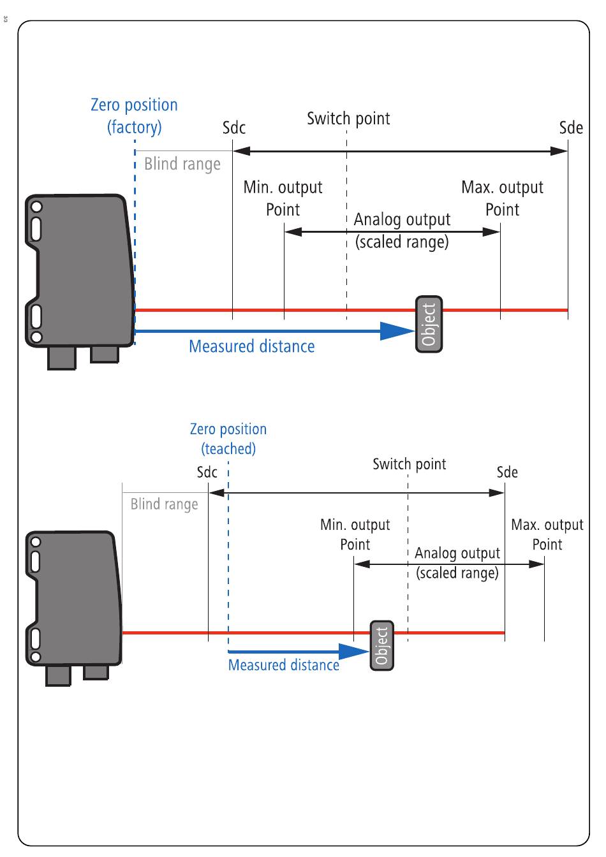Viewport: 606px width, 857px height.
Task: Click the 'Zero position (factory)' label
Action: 135,116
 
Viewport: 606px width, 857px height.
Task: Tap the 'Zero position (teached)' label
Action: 228,439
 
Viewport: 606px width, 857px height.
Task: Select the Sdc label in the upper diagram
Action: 234,128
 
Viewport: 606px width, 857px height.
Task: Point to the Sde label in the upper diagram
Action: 571,128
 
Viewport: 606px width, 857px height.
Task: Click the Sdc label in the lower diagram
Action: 207,472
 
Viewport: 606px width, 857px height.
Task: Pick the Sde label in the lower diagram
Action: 507,472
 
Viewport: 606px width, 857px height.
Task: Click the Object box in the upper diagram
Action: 429,324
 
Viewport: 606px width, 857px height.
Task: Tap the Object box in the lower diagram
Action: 382,645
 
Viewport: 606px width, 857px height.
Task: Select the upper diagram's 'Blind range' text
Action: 182,164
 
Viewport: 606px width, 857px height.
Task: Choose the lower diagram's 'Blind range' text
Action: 164,504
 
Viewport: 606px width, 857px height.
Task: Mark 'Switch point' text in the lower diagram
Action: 410,464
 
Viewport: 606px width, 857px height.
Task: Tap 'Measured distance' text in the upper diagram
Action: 252,346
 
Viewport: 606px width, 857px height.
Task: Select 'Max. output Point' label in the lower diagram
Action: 547,534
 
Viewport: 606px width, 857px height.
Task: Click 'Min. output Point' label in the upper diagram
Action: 283,198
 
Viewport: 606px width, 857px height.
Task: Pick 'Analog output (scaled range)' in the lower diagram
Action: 457,563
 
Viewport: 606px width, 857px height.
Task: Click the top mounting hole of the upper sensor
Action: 37,207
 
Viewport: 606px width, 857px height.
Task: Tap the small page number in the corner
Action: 5,18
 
